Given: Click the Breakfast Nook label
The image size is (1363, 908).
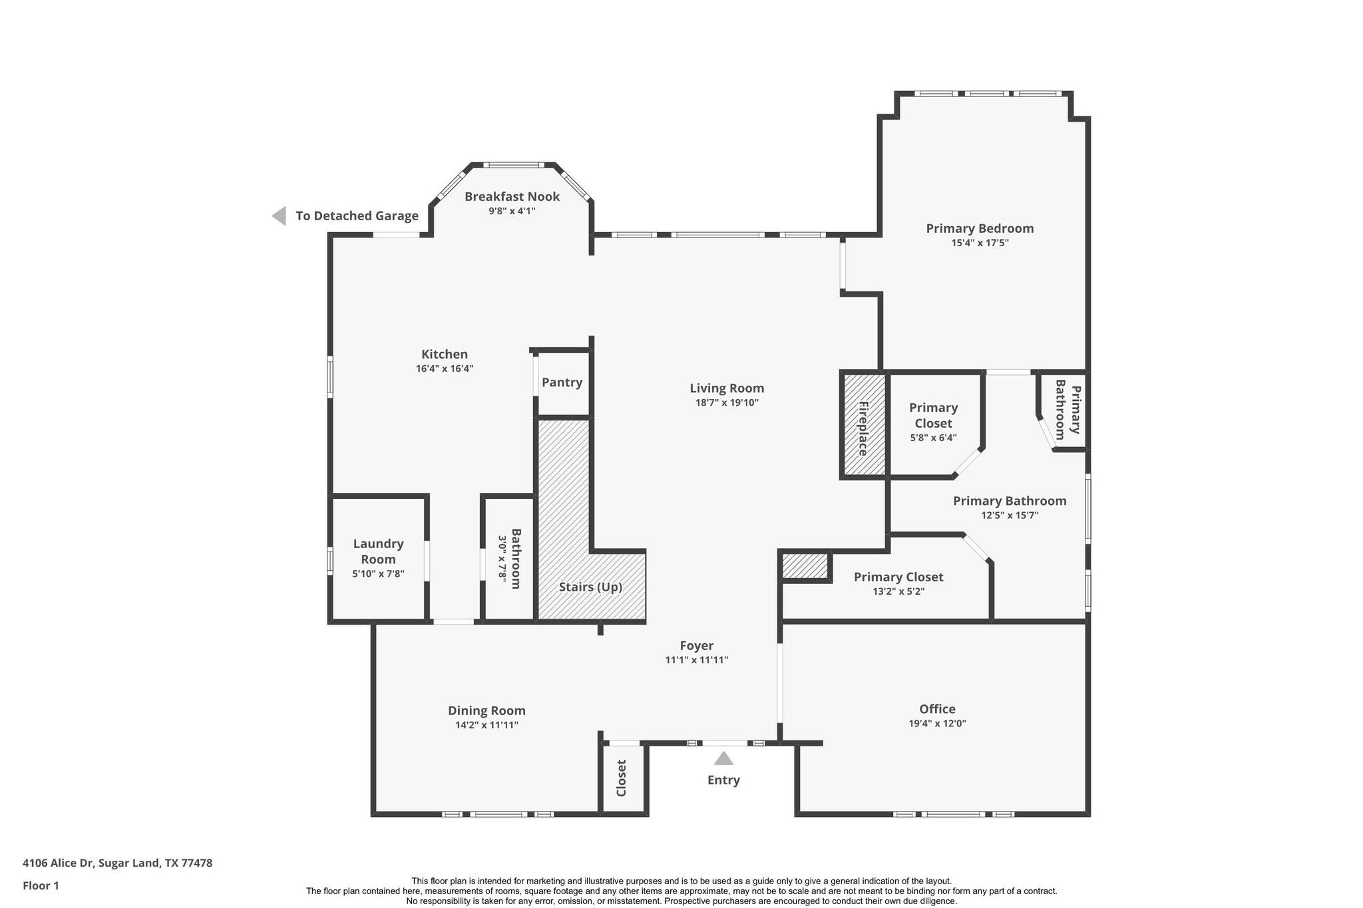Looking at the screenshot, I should [x=512, y=196].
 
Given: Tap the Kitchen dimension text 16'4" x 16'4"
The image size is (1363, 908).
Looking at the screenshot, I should [x=444, y=369].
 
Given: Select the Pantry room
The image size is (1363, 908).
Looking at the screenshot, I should [x=562, y=382].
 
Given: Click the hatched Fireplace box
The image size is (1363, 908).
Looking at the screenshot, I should [x=864, y=424].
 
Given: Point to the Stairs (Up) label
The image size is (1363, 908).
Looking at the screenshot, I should [x=590, y=587].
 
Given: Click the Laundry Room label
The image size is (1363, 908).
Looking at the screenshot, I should [x=378, y=551].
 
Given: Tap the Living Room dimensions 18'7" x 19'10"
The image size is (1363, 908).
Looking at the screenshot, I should [x=726, y=402].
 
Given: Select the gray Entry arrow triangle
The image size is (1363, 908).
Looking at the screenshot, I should [x=723, y=759].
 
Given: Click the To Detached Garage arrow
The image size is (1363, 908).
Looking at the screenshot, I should [x=280, y=216].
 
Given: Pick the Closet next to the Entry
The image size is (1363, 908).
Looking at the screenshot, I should [x=622, y=778].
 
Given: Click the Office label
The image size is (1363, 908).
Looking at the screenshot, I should [x=937, y=709].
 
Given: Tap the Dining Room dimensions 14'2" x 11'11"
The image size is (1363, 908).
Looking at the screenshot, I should [x=487, y=725].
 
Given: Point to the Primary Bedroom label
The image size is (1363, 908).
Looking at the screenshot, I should [x=980, y=228].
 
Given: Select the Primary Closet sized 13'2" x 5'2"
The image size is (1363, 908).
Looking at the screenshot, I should [x=898, y=583].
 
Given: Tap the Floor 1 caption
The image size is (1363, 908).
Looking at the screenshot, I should [x=41, y=885].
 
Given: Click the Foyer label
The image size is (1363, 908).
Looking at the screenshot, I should [x=696, y=645].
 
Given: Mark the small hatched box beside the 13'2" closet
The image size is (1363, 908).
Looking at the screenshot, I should [x=805, y=566].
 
